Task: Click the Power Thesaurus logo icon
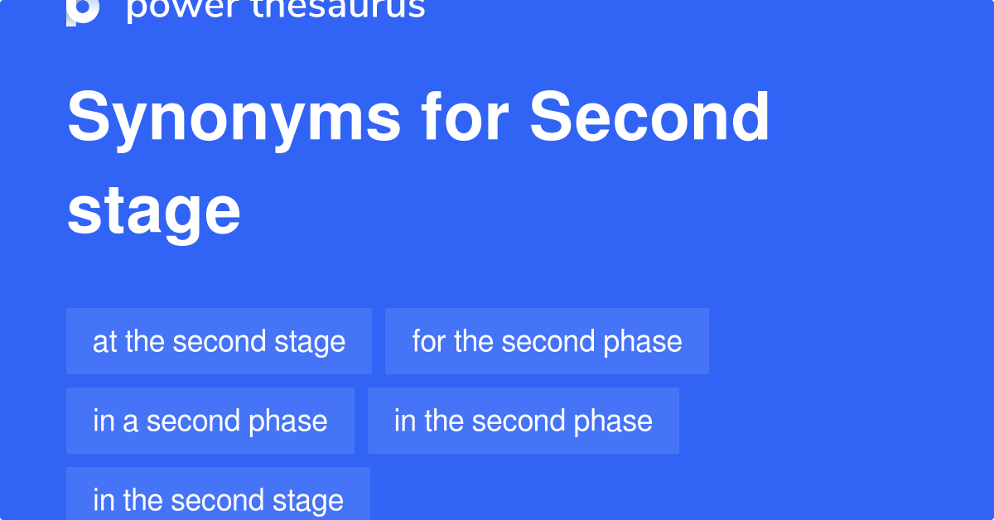(83, 10)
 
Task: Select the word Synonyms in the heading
(234, 118)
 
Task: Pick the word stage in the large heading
(154, 211)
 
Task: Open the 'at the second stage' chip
(219, 341)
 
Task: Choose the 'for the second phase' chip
(547, 341)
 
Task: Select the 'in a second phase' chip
(210, 421)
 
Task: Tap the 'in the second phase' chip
(523, 421)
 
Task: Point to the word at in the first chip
(104, 341)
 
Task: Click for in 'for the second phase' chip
(428, 341)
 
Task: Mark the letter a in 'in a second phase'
(130, 421)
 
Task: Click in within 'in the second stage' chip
(104, 500)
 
